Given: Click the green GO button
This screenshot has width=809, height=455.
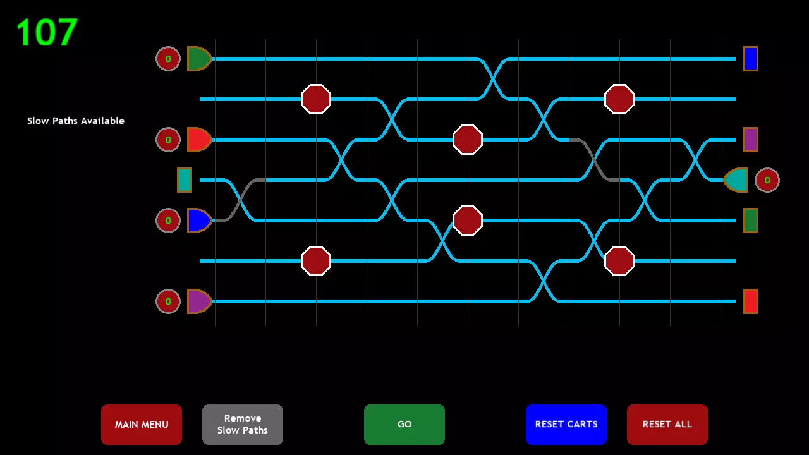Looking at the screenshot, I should [x=404, y=424].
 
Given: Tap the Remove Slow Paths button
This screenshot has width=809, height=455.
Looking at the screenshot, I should [x=243, y=424].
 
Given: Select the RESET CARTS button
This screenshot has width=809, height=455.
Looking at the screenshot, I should [x=566, y=424].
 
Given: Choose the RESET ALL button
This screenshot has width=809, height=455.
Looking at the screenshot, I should [x=667, y=424].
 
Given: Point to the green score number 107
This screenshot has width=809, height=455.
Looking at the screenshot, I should [x=47, y=33].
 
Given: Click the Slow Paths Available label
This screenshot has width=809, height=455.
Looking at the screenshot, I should [x=76, y=121].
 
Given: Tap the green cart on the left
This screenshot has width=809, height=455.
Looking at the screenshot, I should [x=198, y=59].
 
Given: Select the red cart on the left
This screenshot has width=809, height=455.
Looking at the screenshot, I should [x=198, y=140].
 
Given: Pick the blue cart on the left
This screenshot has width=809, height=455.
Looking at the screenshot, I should [x=198, y=221].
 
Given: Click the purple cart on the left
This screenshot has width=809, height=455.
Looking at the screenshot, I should [x=198, y=301].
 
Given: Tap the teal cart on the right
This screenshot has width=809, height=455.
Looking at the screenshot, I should [x=736, y=180].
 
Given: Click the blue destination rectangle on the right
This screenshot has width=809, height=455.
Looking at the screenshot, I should [x=750, y=59].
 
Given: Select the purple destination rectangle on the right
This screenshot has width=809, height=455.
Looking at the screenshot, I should [x=750, y=140].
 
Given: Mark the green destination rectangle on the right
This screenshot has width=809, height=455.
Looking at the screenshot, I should [x=750, y=221].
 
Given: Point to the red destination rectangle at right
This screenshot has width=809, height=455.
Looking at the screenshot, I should [x=750, y=301].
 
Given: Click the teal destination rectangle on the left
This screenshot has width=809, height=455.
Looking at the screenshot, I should [x=184, y=180].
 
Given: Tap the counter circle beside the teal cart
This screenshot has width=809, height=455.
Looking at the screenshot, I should [x=767, y=180].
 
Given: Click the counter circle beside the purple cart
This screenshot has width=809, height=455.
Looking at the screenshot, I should [x=168, y=301].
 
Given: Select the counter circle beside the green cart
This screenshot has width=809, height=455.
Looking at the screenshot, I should [x=168, y=59].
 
